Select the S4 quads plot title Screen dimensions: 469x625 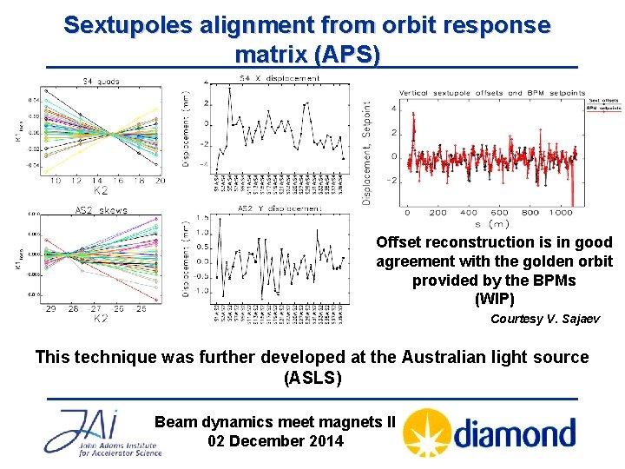(101, 81)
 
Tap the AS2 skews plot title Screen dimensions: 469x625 (102, 210)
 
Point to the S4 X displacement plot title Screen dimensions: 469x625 (278, 80)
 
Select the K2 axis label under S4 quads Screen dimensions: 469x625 (101, 191)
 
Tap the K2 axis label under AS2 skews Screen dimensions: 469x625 (101, 318)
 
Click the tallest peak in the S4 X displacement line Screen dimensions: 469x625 (229, 89)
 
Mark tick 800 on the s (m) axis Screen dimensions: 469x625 (531, 213)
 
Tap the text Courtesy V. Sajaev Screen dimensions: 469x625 (544, 319)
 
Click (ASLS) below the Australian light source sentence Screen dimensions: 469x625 (312, 379)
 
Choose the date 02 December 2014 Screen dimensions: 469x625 (275, 440)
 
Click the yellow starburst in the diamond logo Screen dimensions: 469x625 (426, 432)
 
